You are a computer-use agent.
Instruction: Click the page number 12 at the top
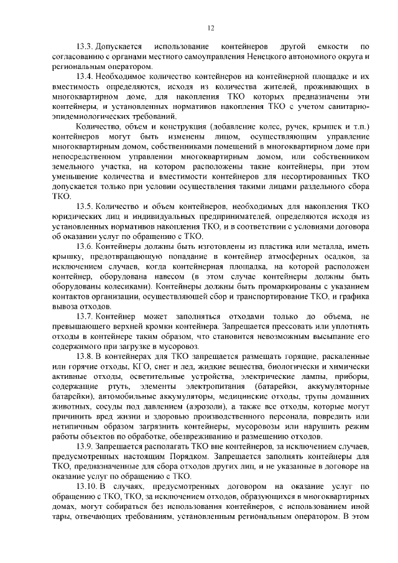point(211,28)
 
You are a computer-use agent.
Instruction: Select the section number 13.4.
point(85,76)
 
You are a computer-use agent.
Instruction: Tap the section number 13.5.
point(85,205)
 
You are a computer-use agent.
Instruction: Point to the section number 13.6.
point(85,244)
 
